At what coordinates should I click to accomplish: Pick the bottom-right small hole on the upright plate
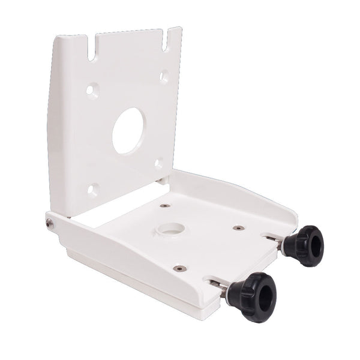pyautogui.click(x=158, y=163)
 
